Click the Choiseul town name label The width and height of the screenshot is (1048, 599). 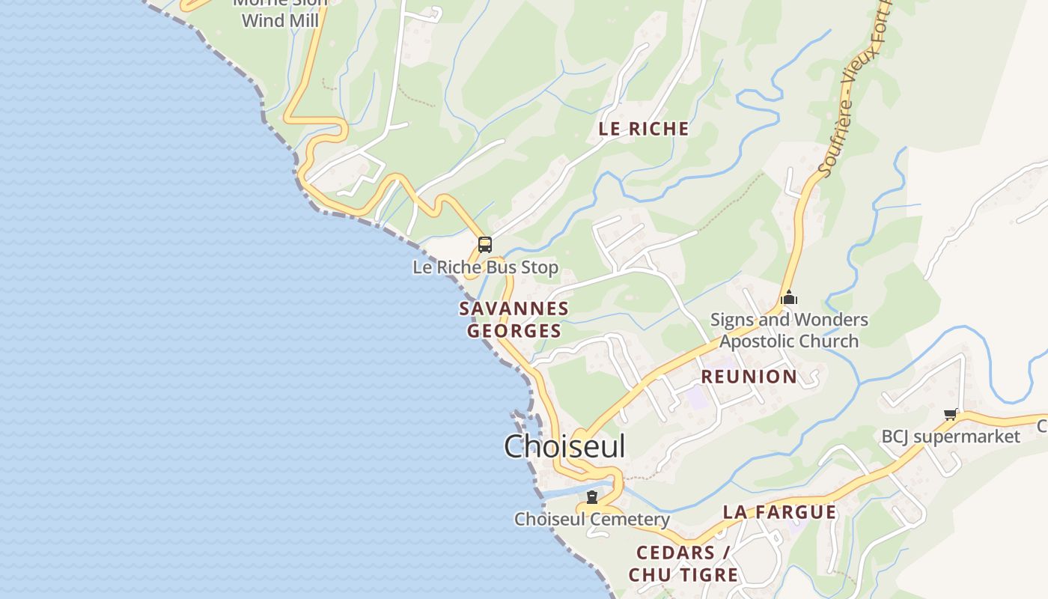point(564,446)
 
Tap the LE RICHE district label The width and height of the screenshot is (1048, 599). point(644,129)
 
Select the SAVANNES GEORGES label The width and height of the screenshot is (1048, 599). point(514,320)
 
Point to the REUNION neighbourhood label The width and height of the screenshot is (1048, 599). point(749,377)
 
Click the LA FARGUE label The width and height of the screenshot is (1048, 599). point(779,512)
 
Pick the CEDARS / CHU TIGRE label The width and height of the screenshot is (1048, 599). point(683,564)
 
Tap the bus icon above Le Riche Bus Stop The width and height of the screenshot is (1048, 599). point(485,244)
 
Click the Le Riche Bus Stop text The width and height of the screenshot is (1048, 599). point(485,267)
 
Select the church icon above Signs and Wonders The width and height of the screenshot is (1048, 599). point(789,298)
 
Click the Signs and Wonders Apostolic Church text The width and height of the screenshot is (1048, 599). point(789,330)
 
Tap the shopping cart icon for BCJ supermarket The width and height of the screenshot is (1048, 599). point(951,414)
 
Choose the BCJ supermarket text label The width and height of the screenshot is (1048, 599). point(951,437)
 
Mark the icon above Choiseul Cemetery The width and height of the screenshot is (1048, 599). point(592,497)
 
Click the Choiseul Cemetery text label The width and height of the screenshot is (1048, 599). point(591,519)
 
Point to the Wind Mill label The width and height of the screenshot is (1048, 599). point(281,20)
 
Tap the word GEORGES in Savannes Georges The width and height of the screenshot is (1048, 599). point(514,331)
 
